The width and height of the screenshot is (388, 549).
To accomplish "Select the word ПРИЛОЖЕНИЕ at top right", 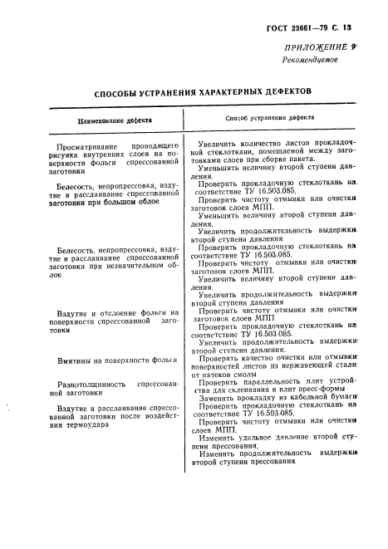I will (x=315, y=49).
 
